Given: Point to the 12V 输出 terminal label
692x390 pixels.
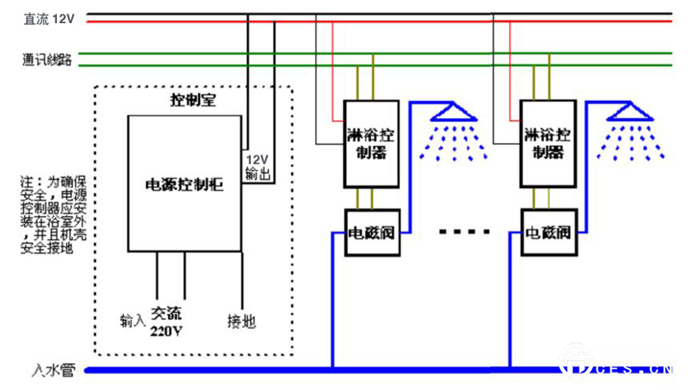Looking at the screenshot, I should coord(257,166).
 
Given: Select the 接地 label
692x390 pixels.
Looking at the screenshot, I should coord(241,321).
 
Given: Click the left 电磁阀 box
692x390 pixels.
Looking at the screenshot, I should coord(370,232).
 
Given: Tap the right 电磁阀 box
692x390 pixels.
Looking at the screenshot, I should coord(549,232).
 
